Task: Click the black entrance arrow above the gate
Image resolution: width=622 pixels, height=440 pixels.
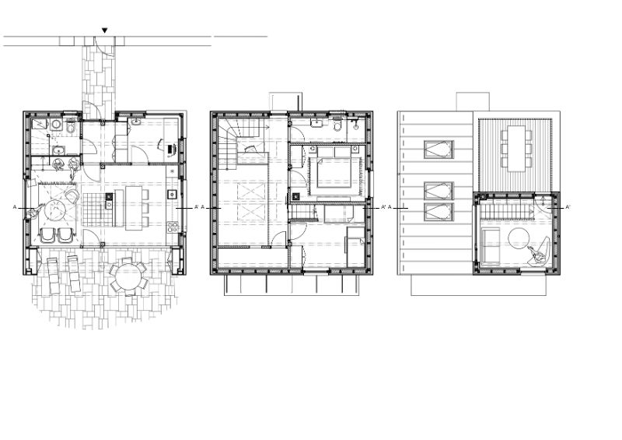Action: (104, 30)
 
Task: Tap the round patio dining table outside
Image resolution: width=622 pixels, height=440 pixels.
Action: (128, 276)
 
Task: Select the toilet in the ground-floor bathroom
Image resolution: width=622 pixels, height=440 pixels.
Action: (71, 126)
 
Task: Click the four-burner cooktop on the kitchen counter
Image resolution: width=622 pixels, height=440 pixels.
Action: (172, 227)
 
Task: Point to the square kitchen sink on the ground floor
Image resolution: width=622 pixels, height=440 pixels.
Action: (172, 195)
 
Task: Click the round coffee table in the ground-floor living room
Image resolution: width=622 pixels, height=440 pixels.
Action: (54, 210)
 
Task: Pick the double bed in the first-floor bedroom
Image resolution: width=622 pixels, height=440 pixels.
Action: (334, 167)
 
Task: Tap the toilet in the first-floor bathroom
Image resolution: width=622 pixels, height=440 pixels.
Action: (337, 125)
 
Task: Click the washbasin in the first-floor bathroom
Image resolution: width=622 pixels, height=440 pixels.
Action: (316, 123)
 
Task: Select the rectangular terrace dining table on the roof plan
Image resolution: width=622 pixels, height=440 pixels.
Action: (516, 148)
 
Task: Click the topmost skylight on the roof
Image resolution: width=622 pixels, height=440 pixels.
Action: (439, 150)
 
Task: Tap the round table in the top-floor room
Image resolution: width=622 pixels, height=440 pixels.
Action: (519, 238)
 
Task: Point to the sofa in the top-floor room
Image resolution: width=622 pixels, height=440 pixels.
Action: (491, 246)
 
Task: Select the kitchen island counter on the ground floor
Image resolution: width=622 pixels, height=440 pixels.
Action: (133, 208)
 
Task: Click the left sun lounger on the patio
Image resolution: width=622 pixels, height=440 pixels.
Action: (54, 276)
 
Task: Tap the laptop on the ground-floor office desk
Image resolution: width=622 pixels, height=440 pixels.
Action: (171, 149)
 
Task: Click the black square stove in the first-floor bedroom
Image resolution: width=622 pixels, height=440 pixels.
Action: (296, 196)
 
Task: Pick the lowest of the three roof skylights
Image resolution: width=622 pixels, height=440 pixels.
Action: (439, 212)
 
